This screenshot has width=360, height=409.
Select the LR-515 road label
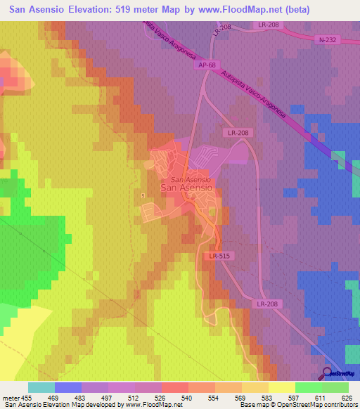pos(221,257)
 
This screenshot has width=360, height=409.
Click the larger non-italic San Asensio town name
pos(187,188)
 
